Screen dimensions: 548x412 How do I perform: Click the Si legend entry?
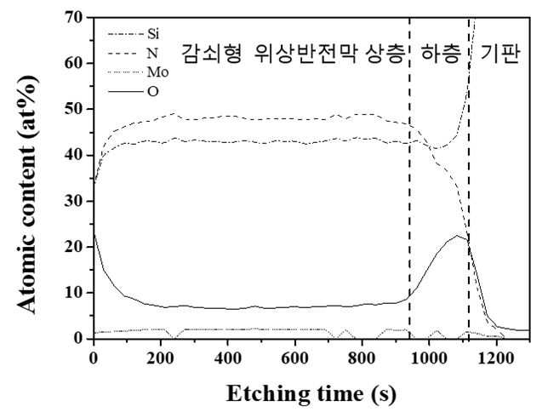pos(134,34)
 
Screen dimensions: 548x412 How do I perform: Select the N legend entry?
pos(133,53)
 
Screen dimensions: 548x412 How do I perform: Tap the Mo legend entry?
pos(138,72)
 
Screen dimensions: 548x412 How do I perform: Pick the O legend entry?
pos(133,92)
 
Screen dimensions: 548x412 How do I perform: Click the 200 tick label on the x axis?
pos(161,358)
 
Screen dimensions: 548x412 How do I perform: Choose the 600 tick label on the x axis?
pos(294,358)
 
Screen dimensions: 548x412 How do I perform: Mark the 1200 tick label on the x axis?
pos(496,358)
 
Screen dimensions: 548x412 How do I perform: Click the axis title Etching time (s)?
pos(311,394)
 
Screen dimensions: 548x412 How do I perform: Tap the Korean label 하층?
pos(440,54)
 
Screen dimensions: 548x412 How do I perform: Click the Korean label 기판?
pos(500,54)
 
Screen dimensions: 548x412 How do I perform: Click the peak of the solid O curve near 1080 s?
pos(456,236)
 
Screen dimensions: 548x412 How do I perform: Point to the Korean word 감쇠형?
pos(212,54)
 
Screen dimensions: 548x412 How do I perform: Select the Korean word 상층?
pos(385,54)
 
